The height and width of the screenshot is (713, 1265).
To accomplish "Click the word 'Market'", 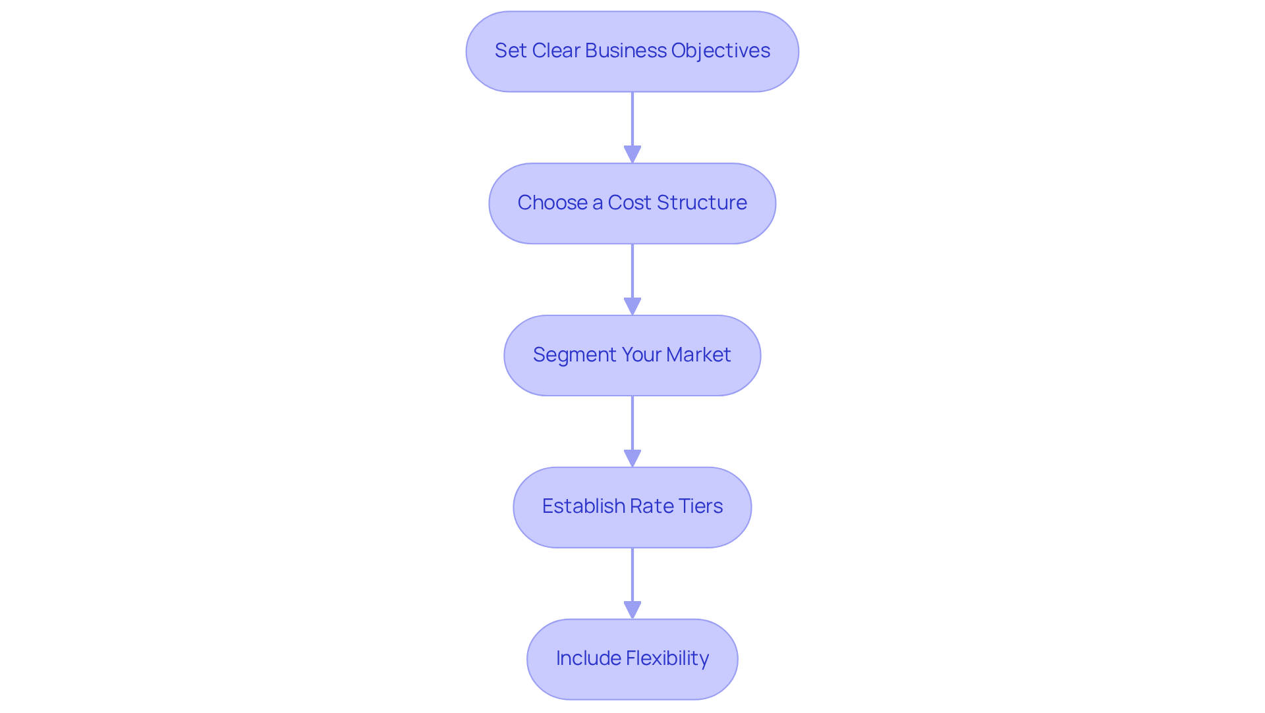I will click(x=698, y=355).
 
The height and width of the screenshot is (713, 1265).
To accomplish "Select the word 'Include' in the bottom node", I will click(x=588, y=658).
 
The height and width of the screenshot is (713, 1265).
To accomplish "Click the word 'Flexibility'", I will click(x=667, y=658).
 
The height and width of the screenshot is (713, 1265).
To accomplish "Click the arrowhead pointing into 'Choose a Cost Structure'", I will click(x=632, y=155).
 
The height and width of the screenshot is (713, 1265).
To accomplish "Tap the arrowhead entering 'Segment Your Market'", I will click(x=632, y=307).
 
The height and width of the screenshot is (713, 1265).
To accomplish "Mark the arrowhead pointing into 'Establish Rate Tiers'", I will click(x=632, y=459).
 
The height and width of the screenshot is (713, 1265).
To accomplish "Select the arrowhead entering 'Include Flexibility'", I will click(x=632, y=610).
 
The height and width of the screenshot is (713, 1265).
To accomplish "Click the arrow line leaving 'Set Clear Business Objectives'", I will click(x=632, y=119).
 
